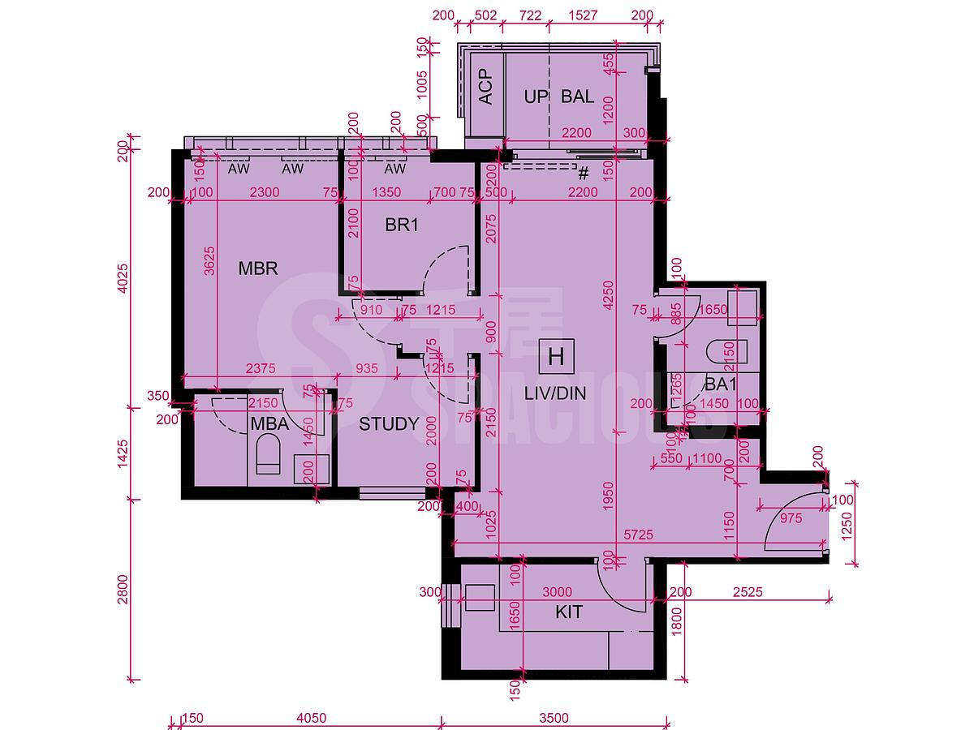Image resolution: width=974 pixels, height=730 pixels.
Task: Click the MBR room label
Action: click(258, 268)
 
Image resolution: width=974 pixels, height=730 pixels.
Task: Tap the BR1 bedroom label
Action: click(402, 225)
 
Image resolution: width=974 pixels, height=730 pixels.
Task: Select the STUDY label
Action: click(389, 423)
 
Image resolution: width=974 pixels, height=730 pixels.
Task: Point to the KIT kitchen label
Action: click(570, 612)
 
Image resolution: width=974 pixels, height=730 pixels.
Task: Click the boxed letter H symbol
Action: click(556, 356)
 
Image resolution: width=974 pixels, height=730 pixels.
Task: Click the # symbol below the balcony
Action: click(582, 173)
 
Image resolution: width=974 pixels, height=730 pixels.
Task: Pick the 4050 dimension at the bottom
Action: click(311, 718)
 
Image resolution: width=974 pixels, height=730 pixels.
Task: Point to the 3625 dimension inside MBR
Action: click(208, 264)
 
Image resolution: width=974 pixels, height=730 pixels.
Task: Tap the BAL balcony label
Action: click(577, 97)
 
